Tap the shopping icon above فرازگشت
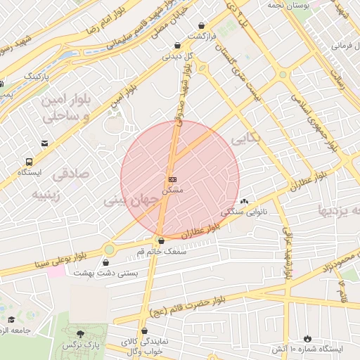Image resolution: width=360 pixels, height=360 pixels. pyautogui.click(x=202, y=25)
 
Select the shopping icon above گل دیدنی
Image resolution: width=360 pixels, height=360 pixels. pyautogui.click(x=177, y=46)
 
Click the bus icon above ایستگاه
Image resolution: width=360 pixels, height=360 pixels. pyautogui.click(x=28, y=161)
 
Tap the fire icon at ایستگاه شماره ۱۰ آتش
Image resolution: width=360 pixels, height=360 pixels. pyautogui.click(x=307, y=338)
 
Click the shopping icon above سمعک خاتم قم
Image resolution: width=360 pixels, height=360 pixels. pyautogui.click(x=161, y=240)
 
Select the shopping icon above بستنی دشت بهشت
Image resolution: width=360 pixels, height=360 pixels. pyautogui.click(x=105, y=263)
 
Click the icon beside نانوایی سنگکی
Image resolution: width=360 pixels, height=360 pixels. pyautogui.click(x=244, y=202)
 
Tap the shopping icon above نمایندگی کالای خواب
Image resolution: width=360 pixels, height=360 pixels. pyautogui.click(x=145, y=330)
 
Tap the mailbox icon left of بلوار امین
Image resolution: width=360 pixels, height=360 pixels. pyautogui.click(x=45, y=143)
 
